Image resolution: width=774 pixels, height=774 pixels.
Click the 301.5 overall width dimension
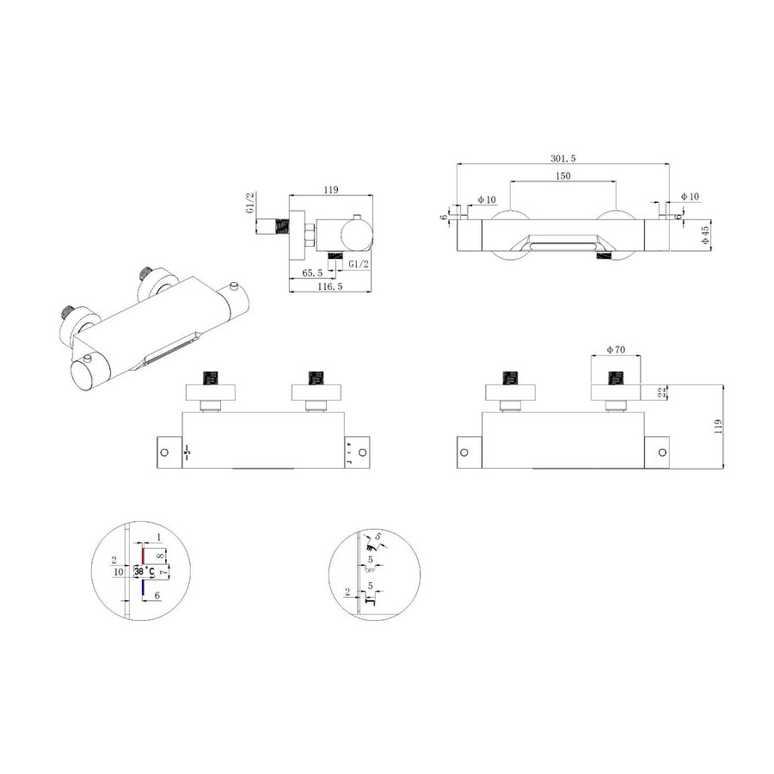tap(563, 157)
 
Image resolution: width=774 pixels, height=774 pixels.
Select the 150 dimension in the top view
tap(563, 176)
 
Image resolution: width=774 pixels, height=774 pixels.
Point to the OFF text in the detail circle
tap(371, 570)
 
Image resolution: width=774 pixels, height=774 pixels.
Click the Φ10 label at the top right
tap(690, 197)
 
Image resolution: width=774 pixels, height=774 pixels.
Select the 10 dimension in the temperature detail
tap(118, 571)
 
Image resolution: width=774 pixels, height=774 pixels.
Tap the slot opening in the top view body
tap(563, 247)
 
